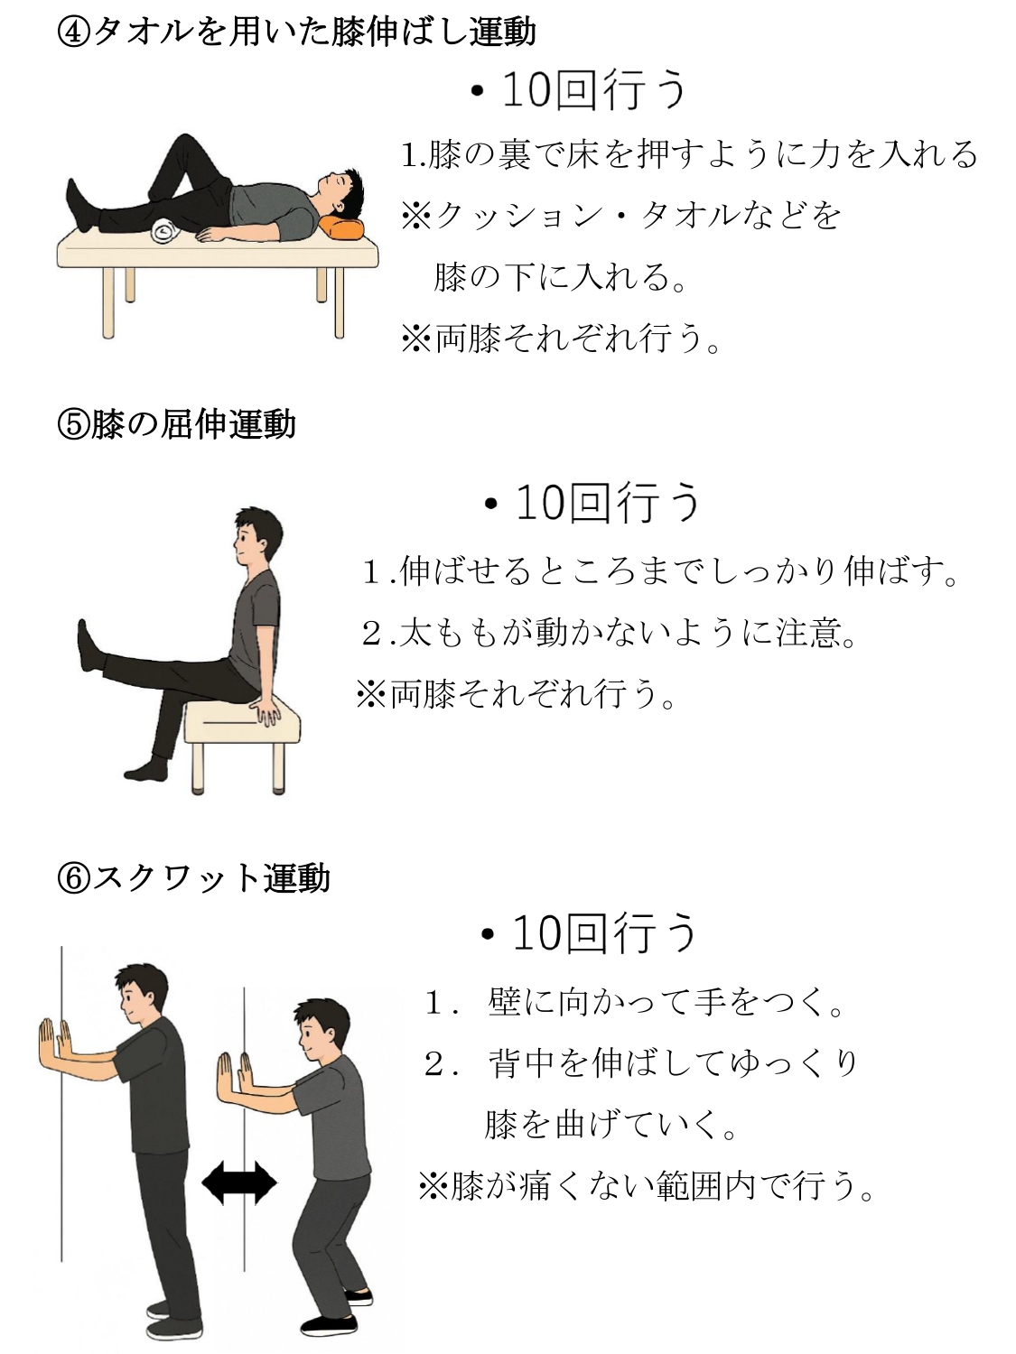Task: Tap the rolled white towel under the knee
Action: pos(166,230)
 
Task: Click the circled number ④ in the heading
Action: pos(73,32)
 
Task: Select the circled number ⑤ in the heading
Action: pos(73,425)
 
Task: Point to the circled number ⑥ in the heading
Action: pos(73,878)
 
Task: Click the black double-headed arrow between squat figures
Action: pos(239,1182)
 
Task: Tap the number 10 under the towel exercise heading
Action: pos(527,90)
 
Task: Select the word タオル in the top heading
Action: pos(144,32)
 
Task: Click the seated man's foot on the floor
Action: pos(146,771)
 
